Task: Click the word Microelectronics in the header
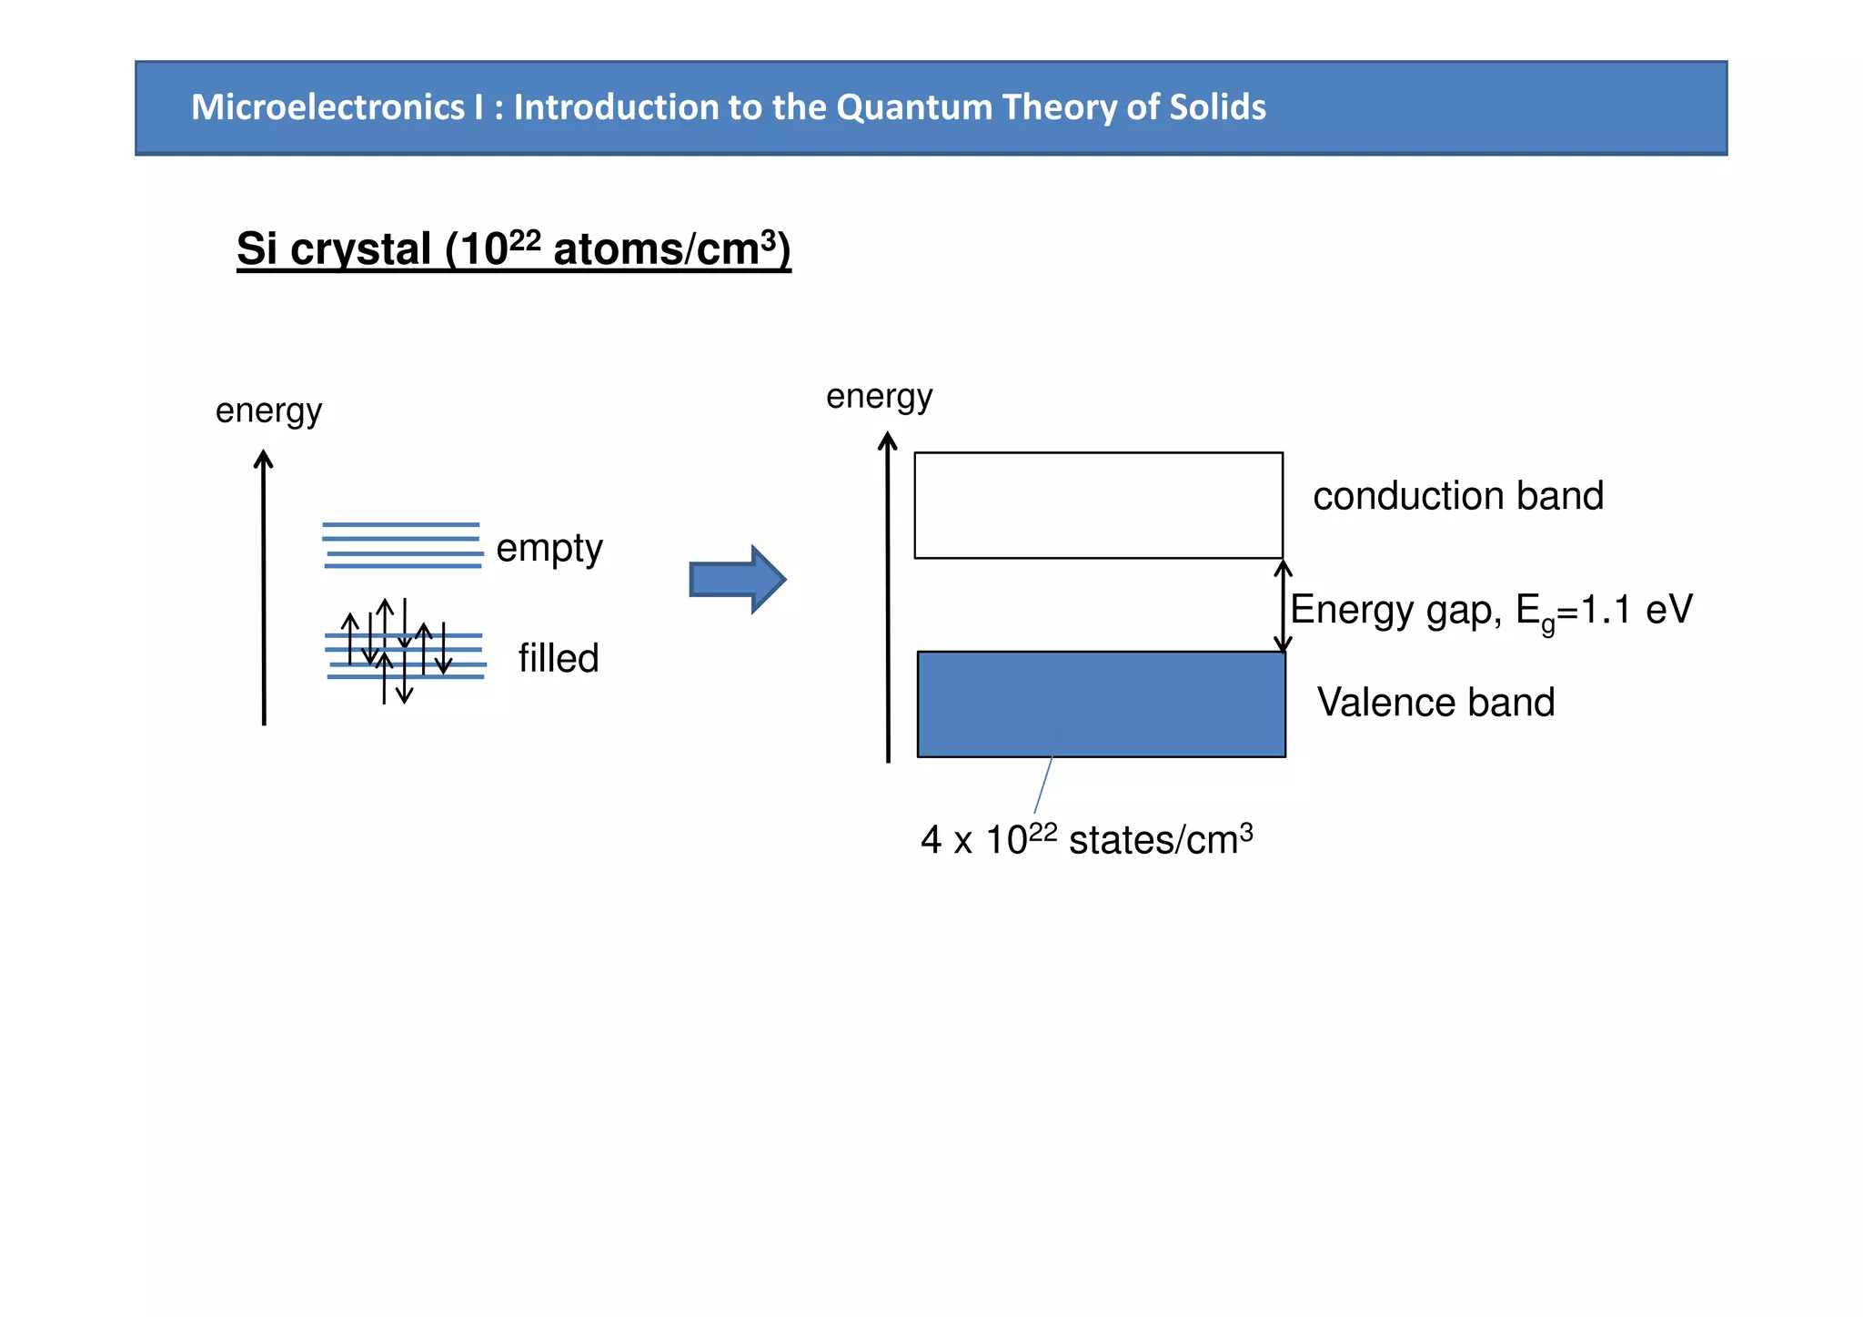coord(327,107)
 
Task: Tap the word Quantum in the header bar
coord(914,107)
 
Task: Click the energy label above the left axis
coord(268,410)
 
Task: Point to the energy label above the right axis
coord(879,396)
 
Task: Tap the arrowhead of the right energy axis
coord(888,441)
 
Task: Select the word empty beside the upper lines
coord(549,548)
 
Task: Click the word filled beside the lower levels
coord(559,658)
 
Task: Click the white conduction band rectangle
coord(1098,505)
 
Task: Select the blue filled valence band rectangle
coord(1101,704)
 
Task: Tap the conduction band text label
coord(1458,496)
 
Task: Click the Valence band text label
coord(1435,703)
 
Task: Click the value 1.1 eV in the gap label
coord(1636,609)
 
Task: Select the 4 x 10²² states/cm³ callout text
coord(1086,839)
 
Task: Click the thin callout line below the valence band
coord(1043,785)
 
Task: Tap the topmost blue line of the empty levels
coord(401,524)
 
